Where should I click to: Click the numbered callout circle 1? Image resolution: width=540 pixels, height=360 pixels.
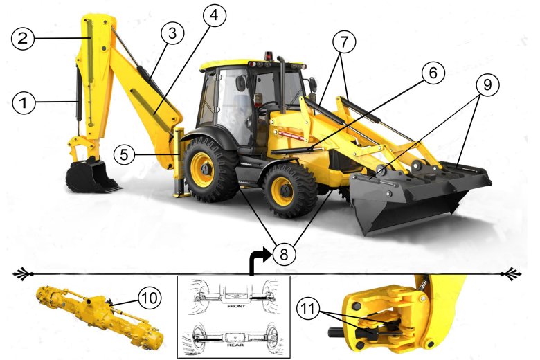[24, 103]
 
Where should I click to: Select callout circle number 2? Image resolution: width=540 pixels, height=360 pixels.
[23, 38]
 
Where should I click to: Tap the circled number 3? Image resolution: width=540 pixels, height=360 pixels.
[172, 33]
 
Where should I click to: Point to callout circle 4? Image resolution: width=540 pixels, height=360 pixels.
[215, 15]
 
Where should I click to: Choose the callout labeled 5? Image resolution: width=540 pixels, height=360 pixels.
[125, 154]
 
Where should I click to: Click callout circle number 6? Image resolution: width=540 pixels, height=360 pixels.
[433, 73]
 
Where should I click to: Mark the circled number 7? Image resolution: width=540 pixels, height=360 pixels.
[344, 42]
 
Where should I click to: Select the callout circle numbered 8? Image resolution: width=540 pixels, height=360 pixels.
[284, 254]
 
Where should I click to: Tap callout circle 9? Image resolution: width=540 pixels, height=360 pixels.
[487, 84]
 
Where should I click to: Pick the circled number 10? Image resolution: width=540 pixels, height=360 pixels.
[150, 298]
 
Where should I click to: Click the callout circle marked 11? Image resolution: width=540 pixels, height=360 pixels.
[308, 309]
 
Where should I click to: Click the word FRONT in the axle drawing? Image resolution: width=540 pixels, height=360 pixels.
[236, 306]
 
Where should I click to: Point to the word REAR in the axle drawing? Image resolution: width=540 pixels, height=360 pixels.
[235, 345]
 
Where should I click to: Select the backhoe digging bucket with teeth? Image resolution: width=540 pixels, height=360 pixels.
[93, 177]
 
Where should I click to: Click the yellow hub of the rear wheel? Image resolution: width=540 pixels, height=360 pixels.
[203, 170]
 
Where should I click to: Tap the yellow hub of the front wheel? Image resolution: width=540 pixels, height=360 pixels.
[282, 191]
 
